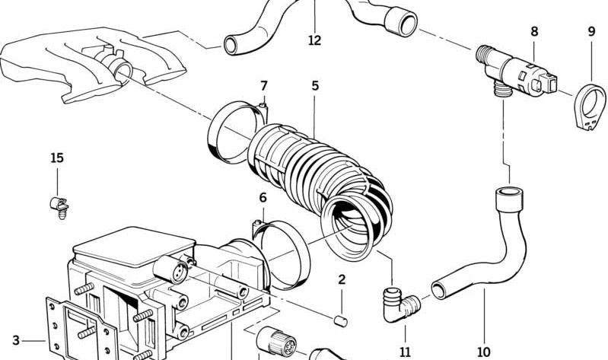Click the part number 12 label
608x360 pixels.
314,40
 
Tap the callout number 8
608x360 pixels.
534,32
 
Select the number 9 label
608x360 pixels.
591,32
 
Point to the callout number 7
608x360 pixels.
264,85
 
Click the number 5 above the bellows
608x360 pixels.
314,85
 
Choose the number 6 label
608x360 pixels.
263,198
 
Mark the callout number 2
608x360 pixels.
342,279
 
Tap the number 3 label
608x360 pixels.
15,340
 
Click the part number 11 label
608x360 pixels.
405,352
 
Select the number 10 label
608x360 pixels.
484,352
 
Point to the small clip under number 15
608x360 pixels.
55,205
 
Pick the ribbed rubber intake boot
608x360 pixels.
320,171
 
